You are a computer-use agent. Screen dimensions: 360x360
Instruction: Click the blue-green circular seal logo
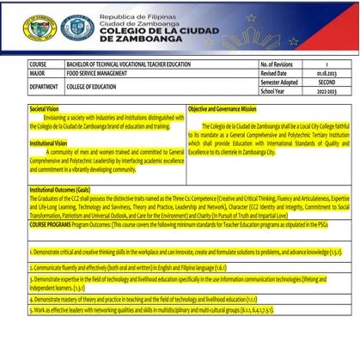[x=77, y=28]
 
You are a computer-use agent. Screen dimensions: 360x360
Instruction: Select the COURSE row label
[x=39, y=64]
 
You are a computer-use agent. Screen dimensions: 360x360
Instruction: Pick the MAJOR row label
[x=38, y=74]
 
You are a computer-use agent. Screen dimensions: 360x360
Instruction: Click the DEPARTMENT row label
[x=45, y=87]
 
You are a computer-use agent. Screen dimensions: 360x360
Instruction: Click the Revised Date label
[x=274, y=74]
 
